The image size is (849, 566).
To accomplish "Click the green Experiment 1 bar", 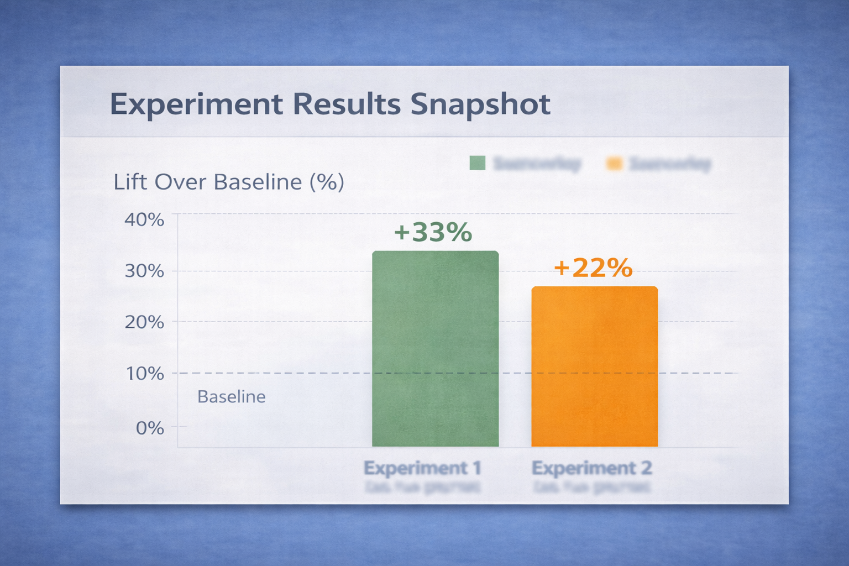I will click(x=435, y=348).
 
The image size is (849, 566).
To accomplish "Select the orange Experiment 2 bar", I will click(x=594, y=366).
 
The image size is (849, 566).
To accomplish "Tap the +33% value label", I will click(x=433, y=232).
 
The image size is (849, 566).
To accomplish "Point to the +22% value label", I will click(x=593, y=268).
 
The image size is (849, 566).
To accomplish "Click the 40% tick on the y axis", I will click(x=144, y=220).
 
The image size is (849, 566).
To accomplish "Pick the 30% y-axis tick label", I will click(x=144, y=271).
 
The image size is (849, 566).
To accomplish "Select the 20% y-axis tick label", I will click(x=144, y=322).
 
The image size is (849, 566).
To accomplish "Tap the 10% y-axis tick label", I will click(x=145, y=374).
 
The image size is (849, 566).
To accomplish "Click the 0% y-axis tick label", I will click(x=150, y=428).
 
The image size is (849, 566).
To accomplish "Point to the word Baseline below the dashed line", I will click(x=231, y=397).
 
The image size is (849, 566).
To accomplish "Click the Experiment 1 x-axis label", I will click(x=422, y=468).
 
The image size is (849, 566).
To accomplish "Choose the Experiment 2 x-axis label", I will click(x=591, y=468).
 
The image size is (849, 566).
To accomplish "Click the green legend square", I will click(x=477, y=163).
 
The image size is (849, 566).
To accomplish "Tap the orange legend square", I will click(x=614, y=164).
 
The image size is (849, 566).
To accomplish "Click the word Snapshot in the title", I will click(x=480, y=104).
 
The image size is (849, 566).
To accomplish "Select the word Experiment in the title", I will click(x=196, y=104).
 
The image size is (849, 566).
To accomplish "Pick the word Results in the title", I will click(x=347, y=104).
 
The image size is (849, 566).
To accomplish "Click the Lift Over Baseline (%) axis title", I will click(x=228, y=182).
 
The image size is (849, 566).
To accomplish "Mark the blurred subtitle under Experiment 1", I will click(x=422, y=488).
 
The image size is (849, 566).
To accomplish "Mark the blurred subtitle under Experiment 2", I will click(x=591, y=488).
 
